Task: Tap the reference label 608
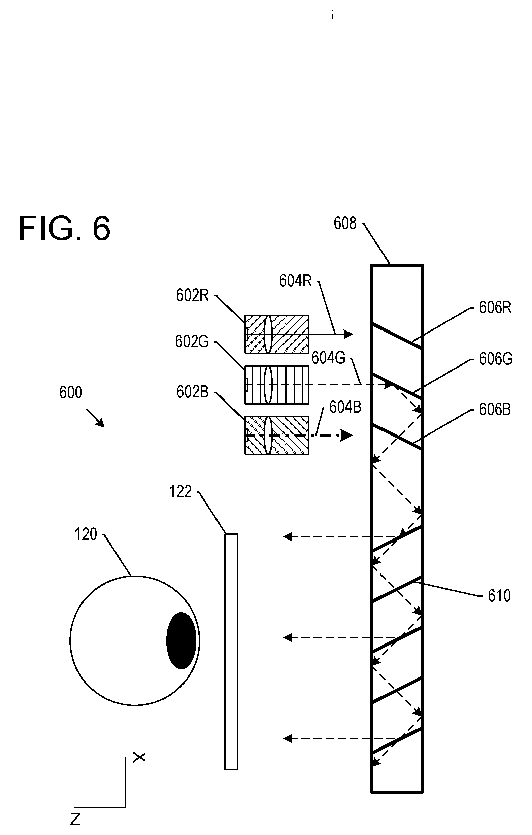click(345, 223)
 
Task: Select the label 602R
click(193, 295)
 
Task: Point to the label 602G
click(192, 342)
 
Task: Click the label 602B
click(193, 392)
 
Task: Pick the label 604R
click(296, 281)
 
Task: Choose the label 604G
click(328, 358)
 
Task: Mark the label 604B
click(345, 407)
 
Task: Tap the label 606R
click(495, 308)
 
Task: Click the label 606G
click(496, 359)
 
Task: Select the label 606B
click(495, 410)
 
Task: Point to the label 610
click(499, 596)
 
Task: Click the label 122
click(180, 492)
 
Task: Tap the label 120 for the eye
click(86, 534)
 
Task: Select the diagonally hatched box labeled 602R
click(277, 334)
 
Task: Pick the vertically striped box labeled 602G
click(277, 385)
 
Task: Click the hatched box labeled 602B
click(277, 435)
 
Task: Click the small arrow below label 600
click(95, 418)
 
